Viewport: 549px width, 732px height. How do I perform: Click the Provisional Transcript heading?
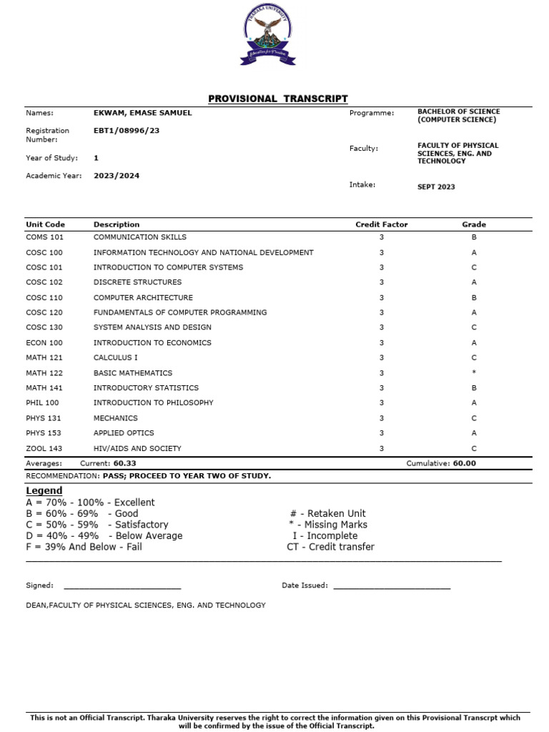[277, 99]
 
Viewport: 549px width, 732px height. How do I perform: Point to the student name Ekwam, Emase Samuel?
[142, 113]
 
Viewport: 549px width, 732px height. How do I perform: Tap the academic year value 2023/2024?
[117, 175]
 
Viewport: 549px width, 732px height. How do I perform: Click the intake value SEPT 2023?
[436, 187]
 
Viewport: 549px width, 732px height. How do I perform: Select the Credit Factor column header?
[382, 224]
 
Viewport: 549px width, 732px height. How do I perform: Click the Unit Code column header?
[45, 224]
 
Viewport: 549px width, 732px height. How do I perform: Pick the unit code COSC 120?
[44, 312]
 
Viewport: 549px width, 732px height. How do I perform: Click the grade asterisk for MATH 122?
[474, 373]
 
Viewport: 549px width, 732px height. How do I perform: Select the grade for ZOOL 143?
[474, 449]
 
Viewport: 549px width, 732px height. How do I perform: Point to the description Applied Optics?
[124, 433]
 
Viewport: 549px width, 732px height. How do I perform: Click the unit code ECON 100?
[44, 343]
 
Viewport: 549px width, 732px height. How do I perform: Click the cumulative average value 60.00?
[464, 463]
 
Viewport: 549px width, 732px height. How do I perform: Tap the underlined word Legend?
[44, 490]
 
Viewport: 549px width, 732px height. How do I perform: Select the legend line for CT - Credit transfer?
[330, 547]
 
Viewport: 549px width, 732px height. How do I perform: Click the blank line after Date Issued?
[392, 588]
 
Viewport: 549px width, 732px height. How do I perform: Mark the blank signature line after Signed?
[122, 588]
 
